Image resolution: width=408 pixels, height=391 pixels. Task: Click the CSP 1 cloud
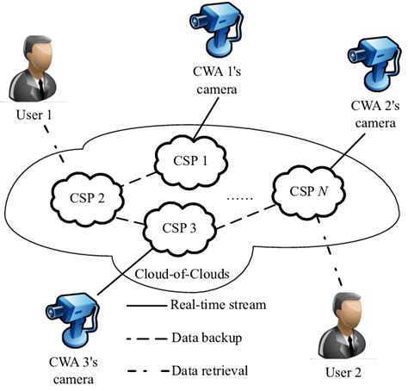coord(188,159)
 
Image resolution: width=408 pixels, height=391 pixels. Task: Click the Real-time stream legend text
coord(218,305)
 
